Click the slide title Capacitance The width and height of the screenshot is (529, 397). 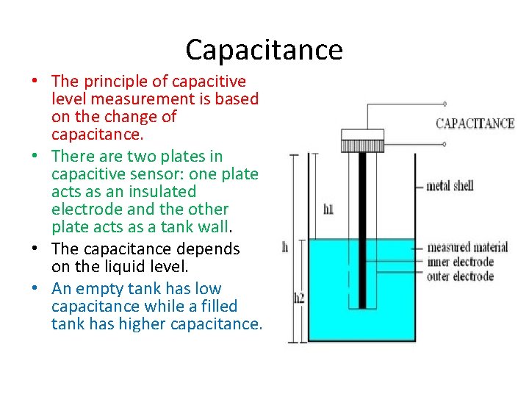pos(264,50)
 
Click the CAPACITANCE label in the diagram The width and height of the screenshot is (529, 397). pos(475,124)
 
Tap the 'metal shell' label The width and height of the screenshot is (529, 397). pos(450,186)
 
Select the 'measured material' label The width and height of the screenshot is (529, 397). pos(467,247)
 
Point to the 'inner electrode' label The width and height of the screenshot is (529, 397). pos(460,262)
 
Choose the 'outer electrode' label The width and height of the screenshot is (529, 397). pos(460,276)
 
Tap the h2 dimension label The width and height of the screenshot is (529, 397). pos(299,298)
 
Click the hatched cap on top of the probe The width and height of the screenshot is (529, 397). pos(362,135)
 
